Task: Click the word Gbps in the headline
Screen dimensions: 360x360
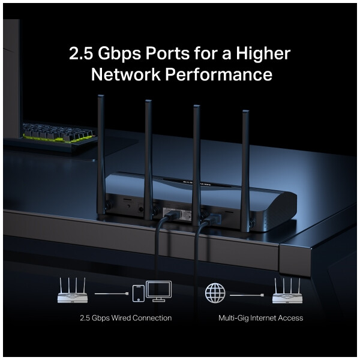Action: [119, 54]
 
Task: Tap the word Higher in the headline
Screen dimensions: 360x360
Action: [263, 53]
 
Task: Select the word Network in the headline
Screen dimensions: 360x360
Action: [125, 74]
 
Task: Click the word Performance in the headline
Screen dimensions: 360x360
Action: [218, 74]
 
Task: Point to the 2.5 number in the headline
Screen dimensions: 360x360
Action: [81, 54]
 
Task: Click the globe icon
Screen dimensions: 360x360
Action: [215, 293]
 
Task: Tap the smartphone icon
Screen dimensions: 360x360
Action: [139, 293]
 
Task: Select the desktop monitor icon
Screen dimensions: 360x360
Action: [159, 291]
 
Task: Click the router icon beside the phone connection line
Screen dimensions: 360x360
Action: [73, 290]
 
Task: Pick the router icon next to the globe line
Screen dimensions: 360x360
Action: [287, 291]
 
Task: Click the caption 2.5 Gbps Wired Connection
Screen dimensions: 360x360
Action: [126, 318]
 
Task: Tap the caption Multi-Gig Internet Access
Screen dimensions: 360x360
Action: [260, 318]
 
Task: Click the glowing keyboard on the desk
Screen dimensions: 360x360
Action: [59, 134]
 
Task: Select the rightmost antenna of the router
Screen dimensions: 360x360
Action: [246, 171]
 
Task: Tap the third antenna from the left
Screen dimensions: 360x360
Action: [197, 166]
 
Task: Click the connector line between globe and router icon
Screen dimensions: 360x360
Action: [247, 295]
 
